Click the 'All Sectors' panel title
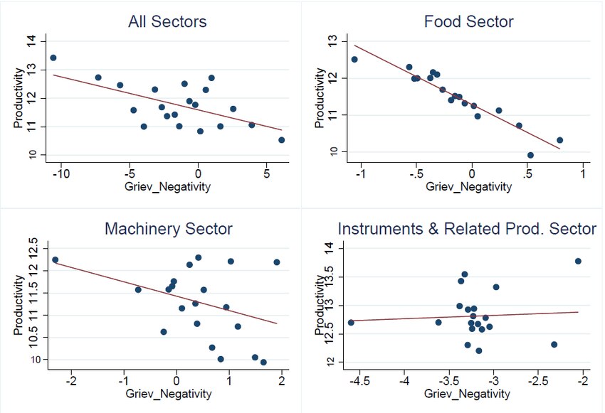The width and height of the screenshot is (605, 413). tap(167, 22)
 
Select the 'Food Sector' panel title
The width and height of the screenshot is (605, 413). tap(468, 22)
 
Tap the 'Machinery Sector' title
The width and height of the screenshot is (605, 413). tap(168, 229)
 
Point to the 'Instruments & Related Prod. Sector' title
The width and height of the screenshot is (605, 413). tap(467, 229)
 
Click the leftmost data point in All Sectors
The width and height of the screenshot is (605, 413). tap(53, 58)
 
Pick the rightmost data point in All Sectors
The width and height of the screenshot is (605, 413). tap(282, 140)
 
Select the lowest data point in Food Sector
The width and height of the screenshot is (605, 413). tap(530, 155)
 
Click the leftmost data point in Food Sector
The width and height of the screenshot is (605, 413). tap(354, 60)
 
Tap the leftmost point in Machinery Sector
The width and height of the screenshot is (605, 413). tap(55, 260)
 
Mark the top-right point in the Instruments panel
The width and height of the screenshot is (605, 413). tap(578, 261)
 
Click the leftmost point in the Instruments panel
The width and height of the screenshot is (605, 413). tap(351, 323)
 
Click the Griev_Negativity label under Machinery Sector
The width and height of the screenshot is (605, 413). tap(167, 393)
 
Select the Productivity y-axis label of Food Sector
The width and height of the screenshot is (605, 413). tap(317, 98)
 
